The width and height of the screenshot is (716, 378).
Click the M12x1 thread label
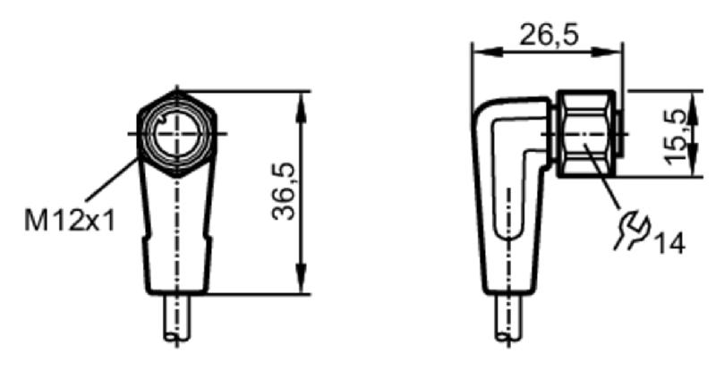pos(70,221)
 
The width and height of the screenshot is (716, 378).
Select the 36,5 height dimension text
pos(283,191)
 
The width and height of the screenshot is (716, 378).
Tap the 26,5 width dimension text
pos(549,34)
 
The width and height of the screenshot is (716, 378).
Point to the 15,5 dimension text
pos(675,136)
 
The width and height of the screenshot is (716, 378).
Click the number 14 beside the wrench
pos(670,243)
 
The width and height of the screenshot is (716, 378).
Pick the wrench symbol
pos(633,231)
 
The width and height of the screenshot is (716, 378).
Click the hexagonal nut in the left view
pos(176,134)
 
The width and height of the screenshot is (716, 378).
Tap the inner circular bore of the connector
pos(176,134)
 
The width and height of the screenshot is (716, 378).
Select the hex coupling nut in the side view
pos(586,134)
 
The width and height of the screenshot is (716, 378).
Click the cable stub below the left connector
pos(176,317)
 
